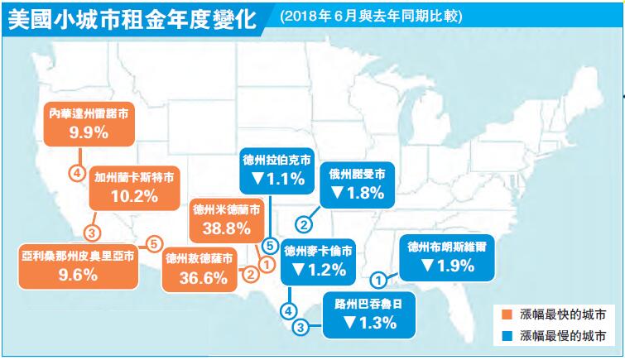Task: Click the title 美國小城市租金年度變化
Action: tap(132, 18)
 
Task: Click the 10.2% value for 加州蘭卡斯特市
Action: tap(134, 196)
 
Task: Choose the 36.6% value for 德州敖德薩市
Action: tap(201, 277)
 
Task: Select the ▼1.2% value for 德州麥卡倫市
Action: tap(319, 268)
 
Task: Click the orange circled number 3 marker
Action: tap(92, 232)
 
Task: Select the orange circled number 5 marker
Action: tap(152, 243)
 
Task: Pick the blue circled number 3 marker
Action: tap(300, 327)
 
